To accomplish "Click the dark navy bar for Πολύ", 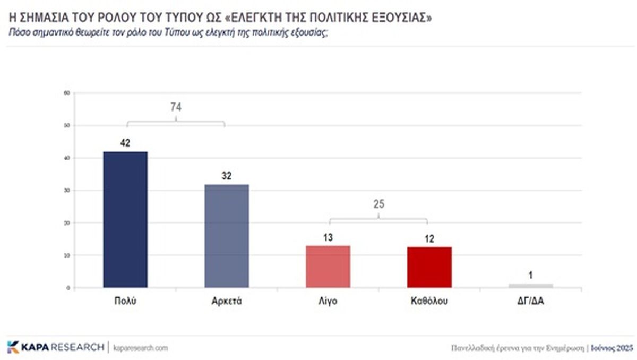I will coord(125,219).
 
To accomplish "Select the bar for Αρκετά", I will coord(227,236).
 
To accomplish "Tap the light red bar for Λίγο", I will coord(328,267).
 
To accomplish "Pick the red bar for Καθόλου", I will coord(429,267).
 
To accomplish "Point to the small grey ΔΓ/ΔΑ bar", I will coord(531,286).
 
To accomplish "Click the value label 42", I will coord(125,143).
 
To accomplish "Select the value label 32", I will coord(227,176).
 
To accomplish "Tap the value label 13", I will coord(328,237).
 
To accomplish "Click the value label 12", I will coord(429,239).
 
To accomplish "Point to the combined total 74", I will coord(176,107).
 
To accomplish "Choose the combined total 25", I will coord(378,204).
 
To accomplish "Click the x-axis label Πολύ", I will coord(125,301).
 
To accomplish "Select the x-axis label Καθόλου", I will coord(429,301).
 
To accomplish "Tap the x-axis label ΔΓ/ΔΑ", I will coord(531,301).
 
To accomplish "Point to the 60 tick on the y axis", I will coord(67,93).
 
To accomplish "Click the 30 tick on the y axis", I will coord(67,191).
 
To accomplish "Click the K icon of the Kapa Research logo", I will coord(13,347).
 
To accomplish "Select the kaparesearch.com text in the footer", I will coord(141,348).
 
